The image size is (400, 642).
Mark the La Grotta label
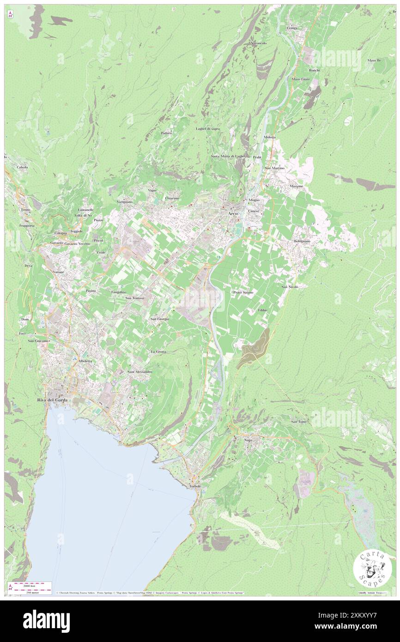tap(158, 351)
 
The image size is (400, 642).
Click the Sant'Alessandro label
tap(140, 372)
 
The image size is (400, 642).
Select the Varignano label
tap(125, 202)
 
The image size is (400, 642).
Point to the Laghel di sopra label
tap(208, 128)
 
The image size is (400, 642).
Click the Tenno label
tap(25, 210)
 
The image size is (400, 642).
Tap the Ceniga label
tap(292, 28)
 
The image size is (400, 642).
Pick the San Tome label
tap(298, 421)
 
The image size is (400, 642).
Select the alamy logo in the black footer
tap(46, 620)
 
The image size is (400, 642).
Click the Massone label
tap(297, 186)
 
